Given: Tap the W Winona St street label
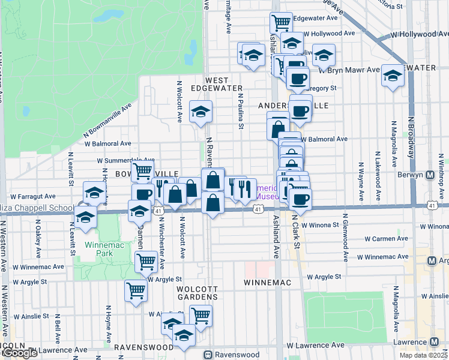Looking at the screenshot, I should coord(324,226).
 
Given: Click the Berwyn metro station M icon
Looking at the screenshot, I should coord(430,176).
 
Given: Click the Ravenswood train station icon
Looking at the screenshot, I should coord(208,355).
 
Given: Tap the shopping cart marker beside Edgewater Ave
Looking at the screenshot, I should coord(281,23).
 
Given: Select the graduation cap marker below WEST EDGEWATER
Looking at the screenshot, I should coord(200,111).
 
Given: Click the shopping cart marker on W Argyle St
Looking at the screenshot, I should coord(136,291).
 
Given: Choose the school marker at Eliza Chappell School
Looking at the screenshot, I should coord(86,217).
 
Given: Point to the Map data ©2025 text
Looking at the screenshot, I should coord(423,355).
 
